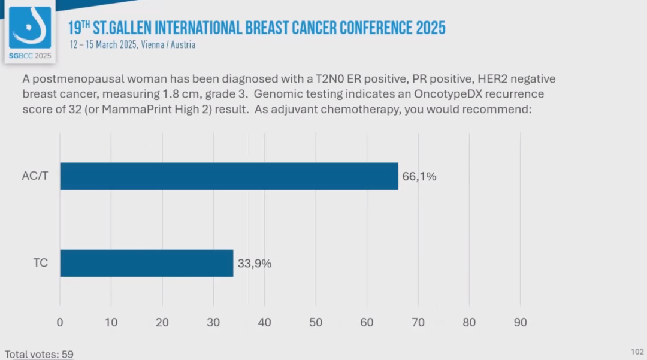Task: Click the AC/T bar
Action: coord(229,176)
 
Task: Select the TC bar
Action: coord(146,263)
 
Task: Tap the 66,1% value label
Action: coord(419,176)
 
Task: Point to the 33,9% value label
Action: coord(254,263)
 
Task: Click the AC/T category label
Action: coord(35,176)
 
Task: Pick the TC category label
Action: coord(40,263)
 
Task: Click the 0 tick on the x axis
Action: coord(60,322)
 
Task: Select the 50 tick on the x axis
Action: coord(316,322)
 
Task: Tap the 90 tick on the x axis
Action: coord(520,322)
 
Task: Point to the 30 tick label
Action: coord(213,322)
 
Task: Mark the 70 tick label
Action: coord(418,322)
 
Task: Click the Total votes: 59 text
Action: coord(39,354)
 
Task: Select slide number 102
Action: coord(637,351)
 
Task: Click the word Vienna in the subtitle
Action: coord(153,44)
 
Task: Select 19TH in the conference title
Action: coord(79,28)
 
